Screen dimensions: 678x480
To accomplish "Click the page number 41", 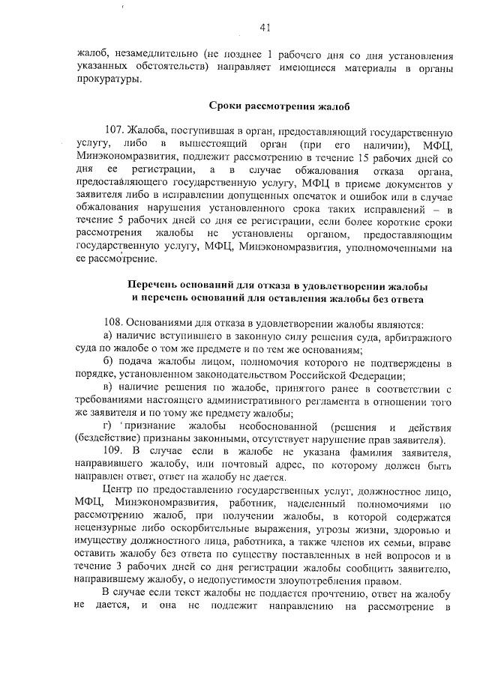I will point(265,28).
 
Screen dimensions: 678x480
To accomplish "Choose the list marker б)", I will point(108,363).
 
